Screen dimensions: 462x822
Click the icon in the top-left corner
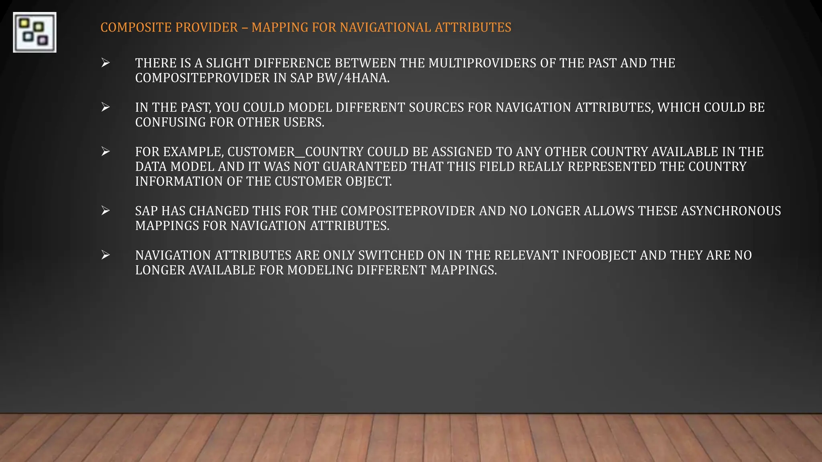coord(35,32)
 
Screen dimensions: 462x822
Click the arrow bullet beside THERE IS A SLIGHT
coord(106,63)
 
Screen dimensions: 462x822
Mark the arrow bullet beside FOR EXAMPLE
coord(106,152)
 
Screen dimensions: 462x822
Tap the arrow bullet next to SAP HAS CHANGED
coord(106,211)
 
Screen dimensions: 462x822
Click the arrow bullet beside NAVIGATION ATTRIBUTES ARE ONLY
coord(106,255)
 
